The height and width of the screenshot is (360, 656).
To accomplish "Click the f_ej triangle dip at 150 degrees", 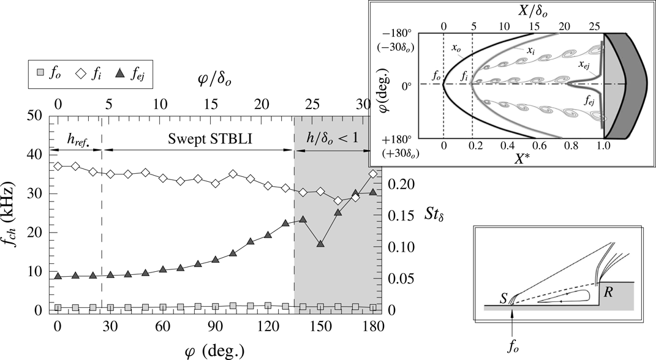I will pyautogui.click(x=320, y=244).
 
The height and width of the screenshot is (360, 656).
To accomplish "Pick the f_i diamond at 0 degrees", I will pyautogui.click(x=58, y=166).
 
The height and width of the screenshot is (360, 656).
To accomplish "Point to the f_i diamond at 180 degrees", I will pyautogui.click(x=373, y=174).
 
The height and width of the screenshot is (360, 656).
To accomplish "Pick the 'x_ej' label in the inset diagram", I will pyautogui.click(x=587, y=62).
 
